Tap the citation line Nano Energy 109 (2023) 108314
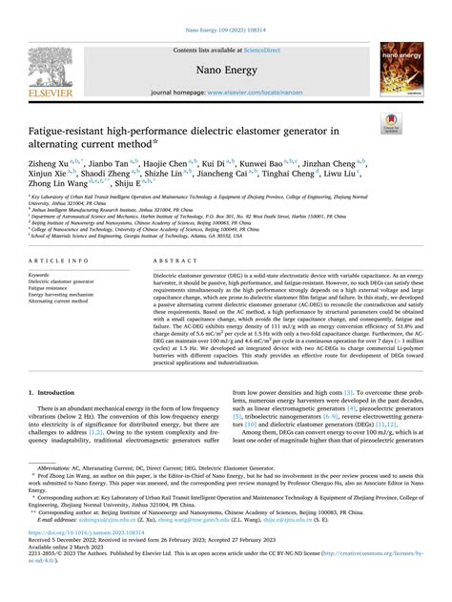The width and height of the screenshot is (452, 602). pyautogui.click(x=225, y=10)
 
